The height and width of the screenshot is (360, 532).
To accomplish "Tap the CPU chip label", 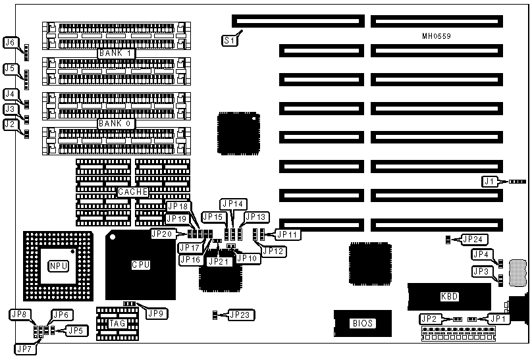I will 141,265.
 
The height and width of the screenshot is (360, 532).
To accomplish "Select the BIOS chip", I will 362,322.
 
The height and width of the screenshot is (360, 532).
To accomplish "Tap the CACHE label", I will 132,192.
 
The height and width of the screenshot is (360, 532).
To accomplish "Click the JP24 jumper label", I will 471,239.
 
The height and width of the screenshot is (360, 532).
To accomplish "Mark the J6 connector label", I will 10,43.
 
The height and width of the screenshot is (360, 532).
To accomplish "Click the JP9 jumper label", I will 156,313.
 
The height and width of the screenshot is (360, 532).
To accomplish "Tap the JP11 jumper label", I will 286,233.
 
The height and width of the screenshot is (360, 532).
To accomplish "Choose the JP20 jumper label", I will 163,233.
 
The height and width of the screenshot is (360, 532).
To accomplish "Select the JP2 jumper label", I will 429,319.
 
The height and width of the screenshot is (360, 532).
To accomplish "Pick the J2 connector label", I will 10,124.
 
